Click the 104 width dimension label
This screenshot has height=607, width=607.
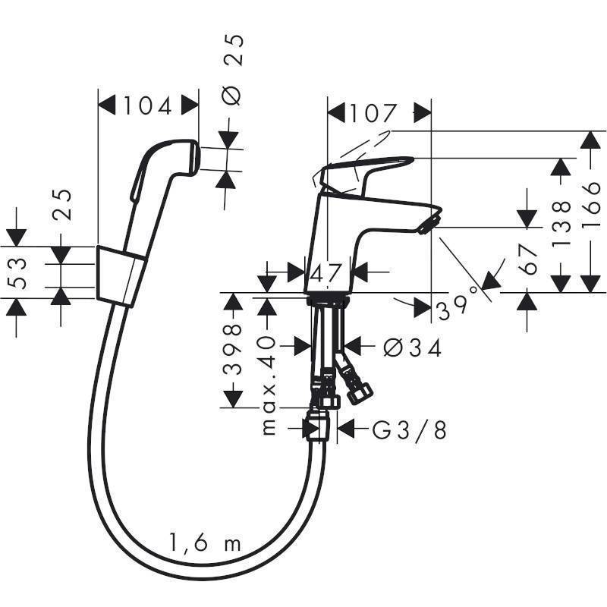point(149,106)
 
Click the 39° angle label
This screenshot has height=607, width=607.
point(456,303)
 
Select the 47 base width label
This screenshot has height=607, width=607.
point(329,272)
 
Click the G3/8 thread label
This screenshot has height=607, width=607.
point(409,430)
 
